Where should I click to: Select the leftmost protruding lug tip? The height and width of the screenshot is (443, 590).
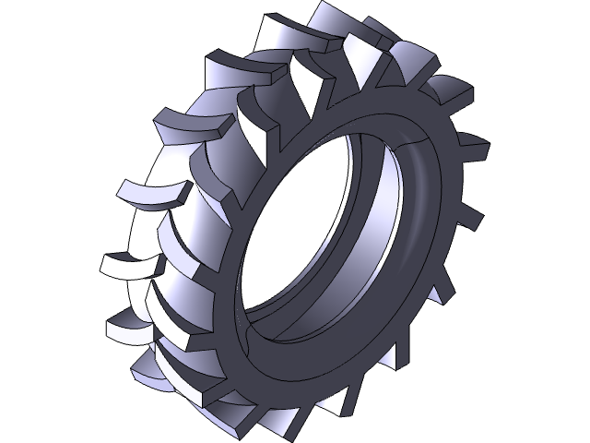111,268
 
